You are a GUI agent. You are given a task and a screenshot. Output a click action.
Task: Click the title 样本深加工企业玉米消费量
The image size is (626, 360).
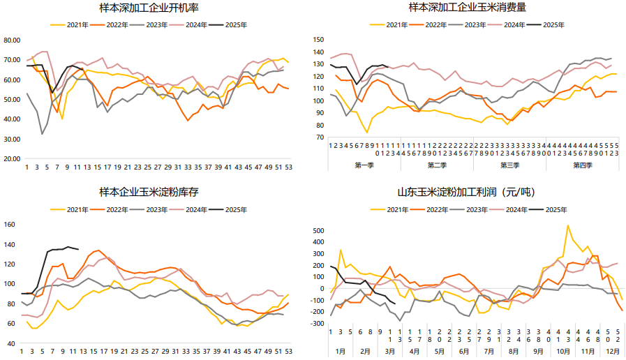tap(468, 8)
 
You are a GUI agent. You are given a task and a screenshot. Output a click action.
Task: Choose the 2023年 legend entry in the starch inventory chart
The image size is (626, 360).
tap(156, 209)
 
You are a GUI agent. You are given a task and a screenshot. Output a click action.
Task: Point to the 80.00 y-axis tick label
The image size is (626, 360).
tap(12, 40)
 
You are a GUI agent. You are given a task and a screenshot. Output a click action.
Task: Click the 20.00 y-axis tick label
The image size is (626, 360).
tap(12, 158)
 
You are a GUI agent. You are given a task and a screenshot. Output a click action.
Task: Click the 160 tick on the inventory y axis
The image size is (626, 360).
tap(10, 224)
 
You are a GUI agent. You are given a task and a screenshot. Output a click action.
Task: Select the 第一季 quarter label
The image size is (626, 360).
tap(364, 165)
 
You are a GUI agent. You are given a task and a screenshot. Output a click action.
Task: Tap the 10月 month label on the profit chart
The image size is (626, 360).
tap(562, 352)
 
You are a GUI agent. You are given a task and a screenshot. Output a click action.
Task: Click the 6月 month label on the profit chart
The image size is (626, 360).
tap(462, 352)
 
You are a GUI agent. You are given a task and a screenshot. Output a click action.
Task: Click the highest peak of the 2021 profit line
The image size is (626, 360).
tap(567, 225)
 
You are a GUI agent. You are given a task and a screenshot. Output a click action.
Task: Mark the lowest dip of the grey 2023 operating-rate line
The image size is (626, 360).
tap(42, 134)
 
